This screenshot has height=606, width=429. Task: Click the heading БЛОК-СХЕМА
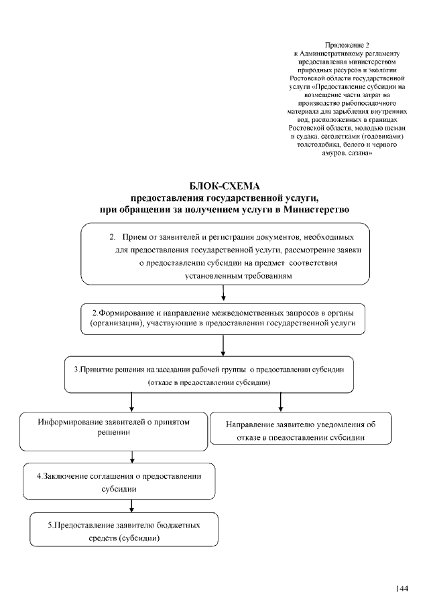pyautogui.click(x=224, y=186)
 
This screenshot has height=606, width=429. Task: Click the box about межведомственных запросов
pyautogui.click(x=223, y=318)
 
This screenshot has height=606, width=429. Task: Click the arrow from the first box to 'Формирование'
pyautogui.click(x=223, y=294)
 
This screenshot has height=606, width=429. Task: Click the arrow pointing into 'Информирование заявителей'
pyautogui.click(x=132, y=401)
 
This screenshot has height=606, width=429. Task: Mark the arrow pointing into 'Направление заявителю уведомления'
pyautogui.click(x=280, y=401)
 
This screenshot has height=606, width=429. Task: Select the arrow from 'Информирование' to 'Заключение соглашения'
pyautogui.click(x=132, y=456)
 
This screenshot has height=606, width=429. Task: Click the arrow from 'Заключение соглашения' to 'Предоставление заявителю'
pyautogui.click(x=132, y=506)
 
